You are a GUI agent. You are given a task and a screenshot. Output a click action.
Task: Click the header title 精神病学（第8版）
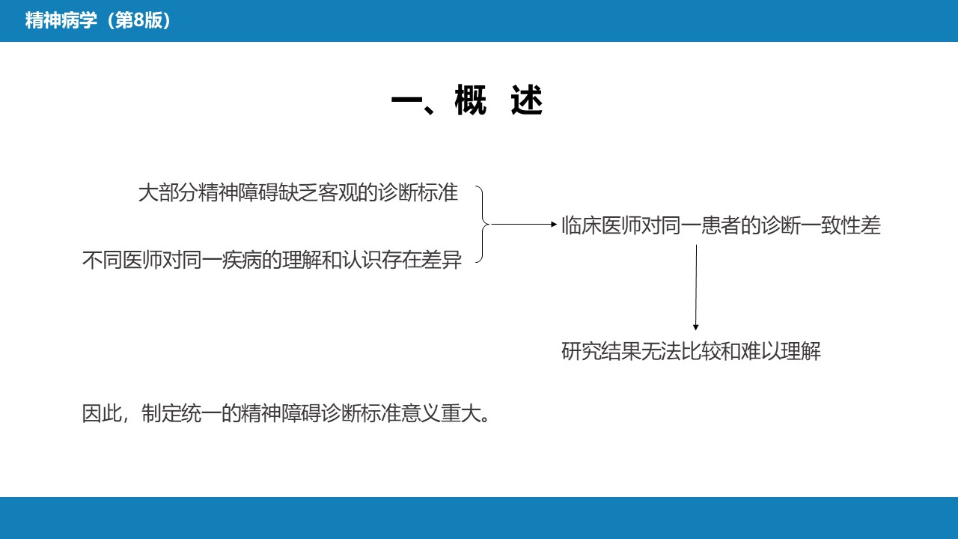98,20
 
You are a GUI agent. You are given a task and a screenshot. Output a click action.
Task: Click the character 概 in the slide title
471,100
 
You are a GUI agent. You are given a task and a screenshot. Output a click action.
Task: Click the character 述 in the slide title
527,100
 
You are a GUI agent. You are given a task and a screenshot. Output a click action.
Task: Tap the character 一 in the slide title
406,101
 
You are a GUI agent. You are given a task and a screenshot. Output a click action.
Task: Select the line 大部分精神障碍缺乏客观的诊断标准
298,192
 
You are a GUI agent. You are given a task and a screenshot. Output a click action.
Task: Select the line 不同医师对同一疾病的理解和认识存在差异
272,260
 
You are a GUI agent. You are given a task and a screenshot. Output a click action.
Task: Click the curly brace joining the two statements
483,224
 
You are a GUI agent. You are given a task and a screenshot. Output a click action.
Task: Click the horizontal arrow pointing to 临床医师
524,224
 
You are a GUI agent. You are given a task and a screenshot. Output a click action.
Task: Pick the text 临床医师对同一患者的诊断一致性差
721,225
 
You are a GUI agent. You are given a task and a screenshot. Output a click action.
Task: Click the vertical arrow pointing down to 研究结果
696,287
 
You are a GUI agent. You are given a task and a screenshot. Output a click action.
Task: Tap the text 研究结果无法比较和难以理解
691,351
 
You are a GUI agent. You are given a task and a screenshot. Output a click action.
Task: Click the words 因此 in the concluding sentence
102,413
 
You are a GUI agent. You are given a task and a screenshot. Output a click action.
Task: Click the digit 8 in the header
138,20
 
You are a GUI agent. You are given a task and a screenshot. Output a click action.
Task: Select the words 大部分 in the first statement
168,192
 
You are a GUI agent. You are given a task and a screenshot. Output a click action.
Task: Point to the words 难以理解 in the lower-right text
781,351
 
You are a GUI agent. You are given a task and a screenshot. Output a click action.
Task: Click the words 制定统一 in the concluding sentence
181,413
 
